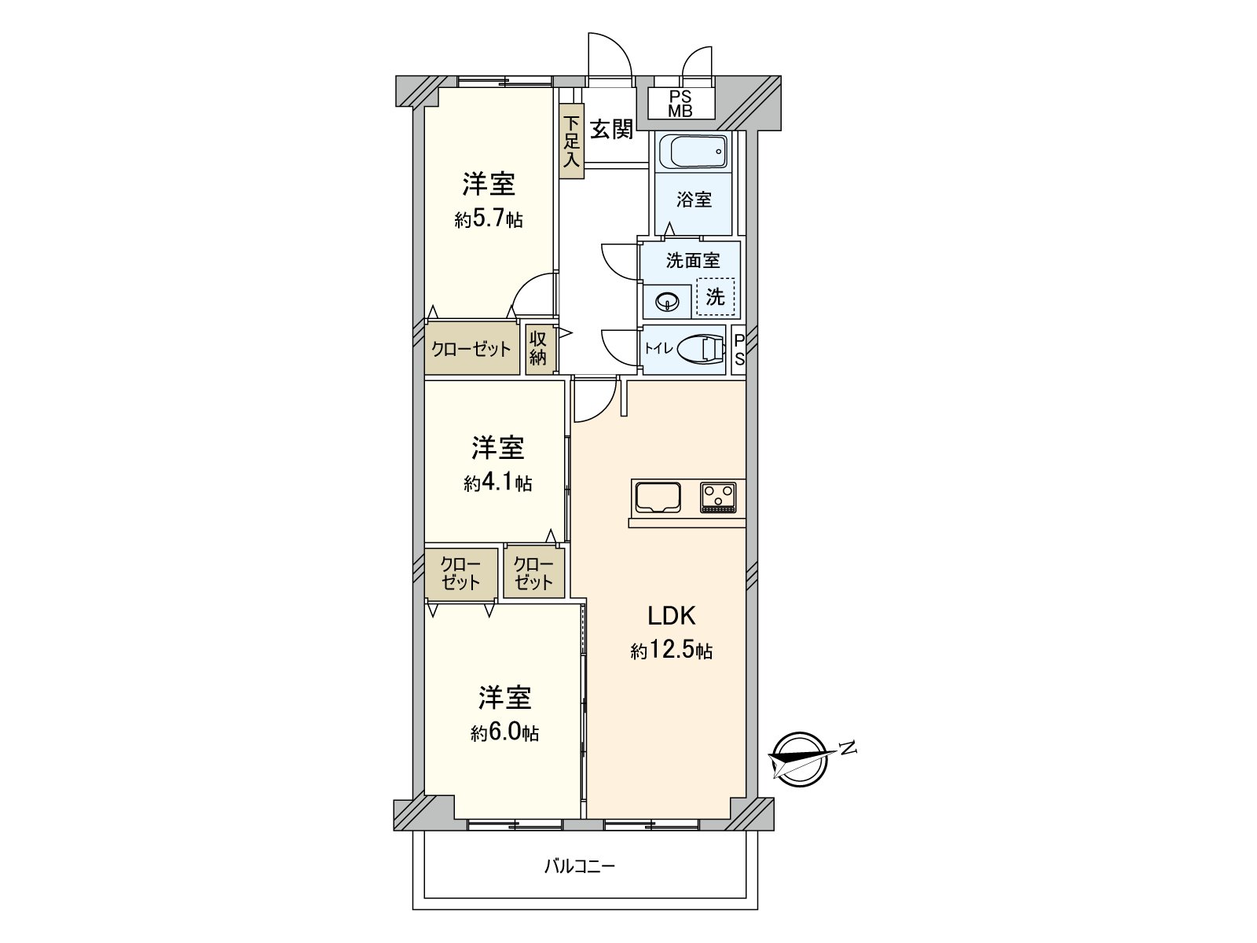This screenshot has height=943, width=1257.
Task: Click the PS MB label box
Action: tap(680, 104)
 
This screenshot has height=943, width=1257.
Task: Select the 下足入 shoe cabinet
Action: tap(572, 142)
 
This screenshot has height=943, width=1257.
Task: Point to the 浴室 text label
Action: tap(694, 200)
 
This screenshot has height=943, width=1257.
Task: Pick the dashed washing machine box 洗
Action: tap(715, 297)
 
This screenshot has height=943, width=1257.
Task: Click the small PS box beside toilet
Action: tap(739, 349)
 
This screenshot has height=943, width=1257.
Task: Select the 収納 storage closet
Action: tap(538, 349)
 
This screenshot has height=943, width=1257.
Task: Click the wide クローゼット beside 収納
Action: tap(471, 349)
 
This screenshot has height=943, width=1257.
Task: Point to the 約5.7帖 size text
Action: tap(488, 219)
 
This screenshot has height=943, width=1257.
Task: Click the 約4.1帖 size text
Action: tap(497, 483)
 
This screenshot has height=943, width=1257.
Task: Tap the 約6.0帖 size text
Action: tap(504, 732)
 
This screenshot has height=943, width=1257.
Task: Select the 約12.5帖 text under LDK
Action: tap(671, 651)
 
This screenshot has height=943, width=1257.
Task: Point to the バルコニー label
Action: tap(580, 867)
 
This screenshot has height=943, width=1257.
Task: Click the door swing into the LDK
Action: tap(595, 401)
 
